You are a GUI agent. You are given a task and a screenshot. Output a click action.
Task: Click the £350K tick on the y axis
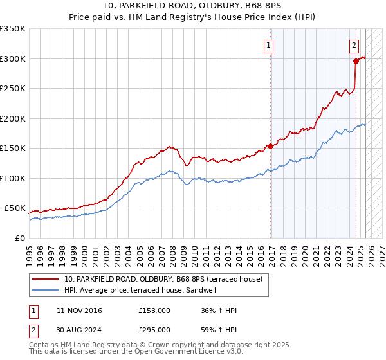pyautogui.click(x=13, y=29)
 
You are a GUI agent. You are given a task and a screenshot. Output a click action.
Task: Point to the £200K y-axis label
pyautogui.click(x=13, y=118)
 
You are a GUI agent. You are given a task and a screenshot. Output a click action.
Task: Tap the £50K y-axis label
pyautogui.click(x=15, y=208)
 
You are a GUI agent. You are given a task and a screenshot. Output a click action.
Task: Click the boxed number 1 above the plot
pyautogui.click(x=268, y=45)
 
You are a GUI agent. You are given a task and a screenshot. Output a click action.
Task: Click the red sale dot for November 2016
pyautogui.click(x=270, y=146)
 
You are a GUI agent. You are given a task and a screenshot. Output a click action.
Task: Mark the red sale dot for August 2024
pyautogui.click(x=356, y=62)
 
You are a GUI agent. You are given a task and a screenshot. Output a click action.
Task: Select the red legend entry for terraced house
pyautogui.click(x=163, y=280)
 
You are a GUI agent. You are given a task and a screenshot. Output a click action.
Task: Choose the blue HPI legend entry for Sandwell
pyautogui.click(x=140, y=291)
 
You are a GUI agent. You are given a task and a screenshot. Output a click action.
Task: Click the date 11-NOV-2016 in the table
pyautogui.click(x=79, y=310)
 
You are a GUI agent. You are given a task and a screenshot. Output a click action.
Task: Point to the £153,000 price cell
pyautogui.click(x=154, y=310)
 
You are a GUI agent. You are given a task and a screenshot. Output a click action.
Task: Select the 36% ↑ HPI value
pyautogui.click(x=219, y=310)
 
